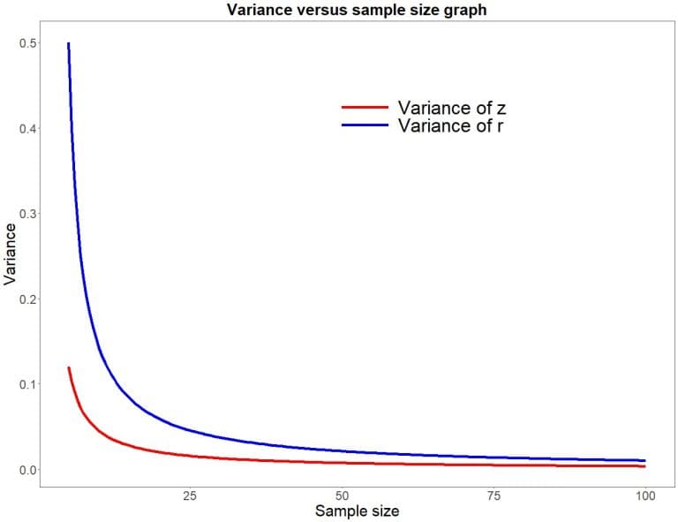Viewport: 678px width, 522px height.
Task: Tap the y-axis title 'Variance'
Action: pos(11,253)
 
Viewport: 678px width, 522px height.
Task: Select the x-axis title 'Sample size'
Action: pos(357,511)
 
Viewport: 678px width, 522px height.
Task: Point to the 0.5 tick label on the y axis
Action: pos(29,43)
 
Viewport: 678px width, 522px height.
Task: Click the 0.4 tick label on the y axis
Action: pos(29,129)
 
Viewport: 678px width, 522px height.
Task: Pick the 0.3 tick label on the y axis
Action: pos(29,214)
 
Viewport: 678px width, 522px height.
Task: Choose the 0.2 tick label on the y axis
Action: pos(29,299)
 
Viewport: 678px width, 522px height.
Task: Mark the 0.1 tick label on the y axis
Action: pos(29,384)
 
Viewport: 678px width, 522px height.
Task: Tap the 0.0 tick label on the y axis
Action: pos(29,469)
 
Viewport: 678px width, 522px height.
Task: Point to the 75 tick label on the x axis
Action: pos(494,495)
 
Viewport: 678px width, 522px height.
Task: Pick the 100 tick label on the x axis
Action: pos(645,495)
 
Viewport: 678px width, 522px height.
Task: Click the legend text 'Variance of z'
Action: pos(451,108)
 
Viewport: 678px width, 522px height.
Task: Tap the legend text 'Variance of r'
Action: pos(451,125)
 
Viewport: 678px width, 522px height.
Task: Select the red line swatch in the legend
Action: pos(365,108)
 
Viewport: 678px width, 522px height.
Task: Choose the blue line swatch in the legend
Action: pos(365,125)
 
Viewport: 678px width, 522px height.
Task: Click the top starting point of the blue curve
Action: pos(68,44)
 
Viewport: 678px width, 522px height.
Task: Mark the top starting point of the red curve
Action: pos(68,368)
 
